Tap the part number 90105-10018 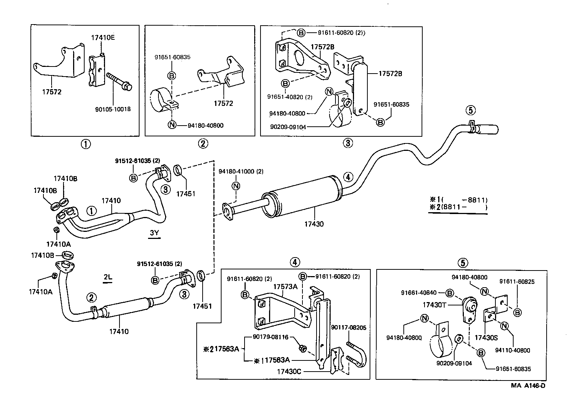pos(113,109)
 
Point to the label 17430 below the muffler pos(314,224)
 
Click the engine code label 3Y pos(154,233)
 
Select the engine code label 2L pos(108,277)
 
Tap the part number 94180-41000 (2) pos(241,172)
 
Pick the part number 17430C pos(291,371)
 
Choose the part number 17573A pos(286,286)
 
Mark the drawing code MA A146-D pos(528,385)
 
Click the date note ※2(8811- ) pos(458,207)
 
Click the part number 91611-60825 pos(517,282)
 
